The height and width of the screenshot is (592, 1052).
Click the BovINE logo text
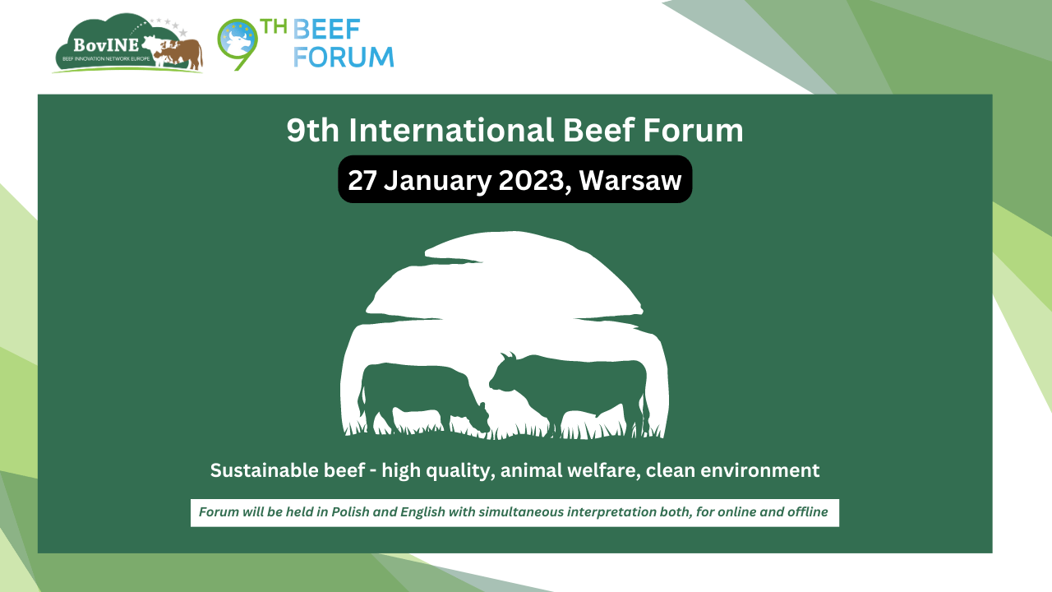(106, 45)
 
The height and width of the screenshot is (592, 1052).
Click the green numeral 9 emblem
(238, 44)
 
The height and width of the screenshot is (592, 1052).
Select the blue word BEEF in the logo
(326, 30)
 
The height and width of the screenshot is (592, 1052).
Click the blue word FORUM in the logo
(344, 58)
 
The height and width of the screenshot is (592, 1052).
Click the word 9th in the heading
(313, 130)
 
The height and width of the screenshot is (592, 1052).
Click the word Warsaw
(630, 180)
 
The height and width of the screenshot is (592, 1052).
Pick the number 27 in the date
(362, 180)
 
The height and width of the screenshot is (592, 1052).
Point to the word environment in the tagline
(760, 471)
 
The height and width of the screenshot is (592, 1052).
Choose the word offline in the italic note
(808, 512)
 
